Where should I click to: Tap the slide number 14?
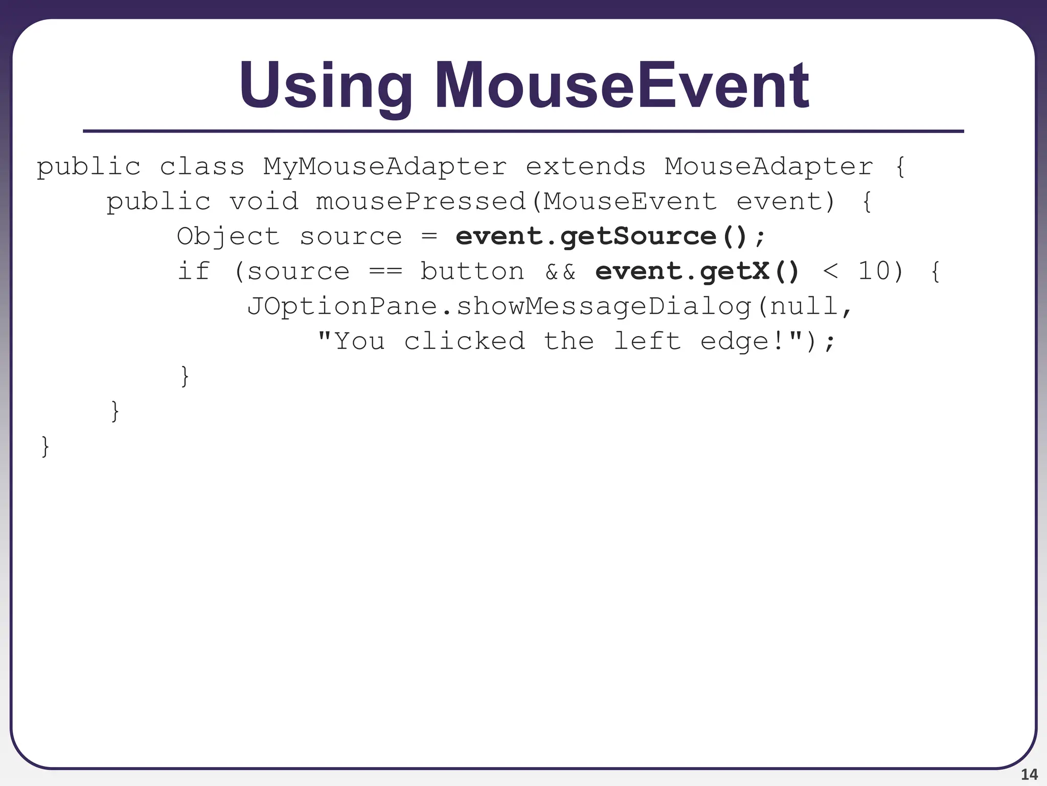(1029, 774)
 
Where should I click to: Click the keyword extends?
(586, 167)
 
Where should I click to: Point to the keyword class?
(202, 167)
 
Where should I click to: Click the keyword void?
(263, 202)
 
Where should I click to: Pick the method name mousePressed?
(421, 202)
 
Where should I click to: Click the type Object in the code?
(228, 237)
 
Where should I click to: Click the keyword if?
(194, 271)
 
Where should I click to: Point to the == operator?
(385, 272)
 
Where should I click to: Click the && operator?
(560, 272)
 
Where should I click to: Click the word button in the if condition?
(472, 272)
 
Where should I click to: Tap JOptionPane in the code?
(342, 307)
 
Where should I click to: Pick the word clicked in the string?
(464, 341)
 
